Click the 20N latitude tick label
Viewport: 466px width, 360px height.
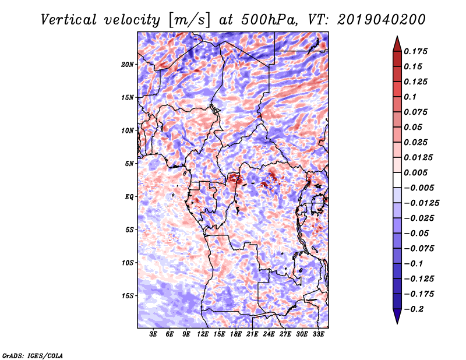(128, 64)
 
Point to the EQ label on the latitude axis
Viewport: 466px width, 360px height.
(129, 197)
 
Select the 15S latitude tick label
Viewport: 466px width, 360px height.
(128, 296)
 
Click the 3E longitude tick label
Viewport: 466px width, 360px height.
(154, 335)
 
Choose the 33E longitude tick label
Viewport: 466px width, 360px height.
(318, 335)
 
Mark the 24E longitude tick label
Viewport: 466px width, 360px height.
(269, 335)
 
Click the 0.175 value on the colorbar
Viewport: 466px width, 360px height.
(418, 51)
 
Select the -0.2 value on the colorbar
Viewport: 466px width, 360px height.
(417, 309)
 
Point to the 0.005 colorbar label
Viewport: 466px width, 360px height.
(418, 172)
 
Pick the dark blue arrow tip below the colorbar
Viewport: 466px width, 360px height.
(396, 317)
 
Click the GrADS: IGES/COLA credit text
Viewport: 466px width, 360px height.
(32, 355)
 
